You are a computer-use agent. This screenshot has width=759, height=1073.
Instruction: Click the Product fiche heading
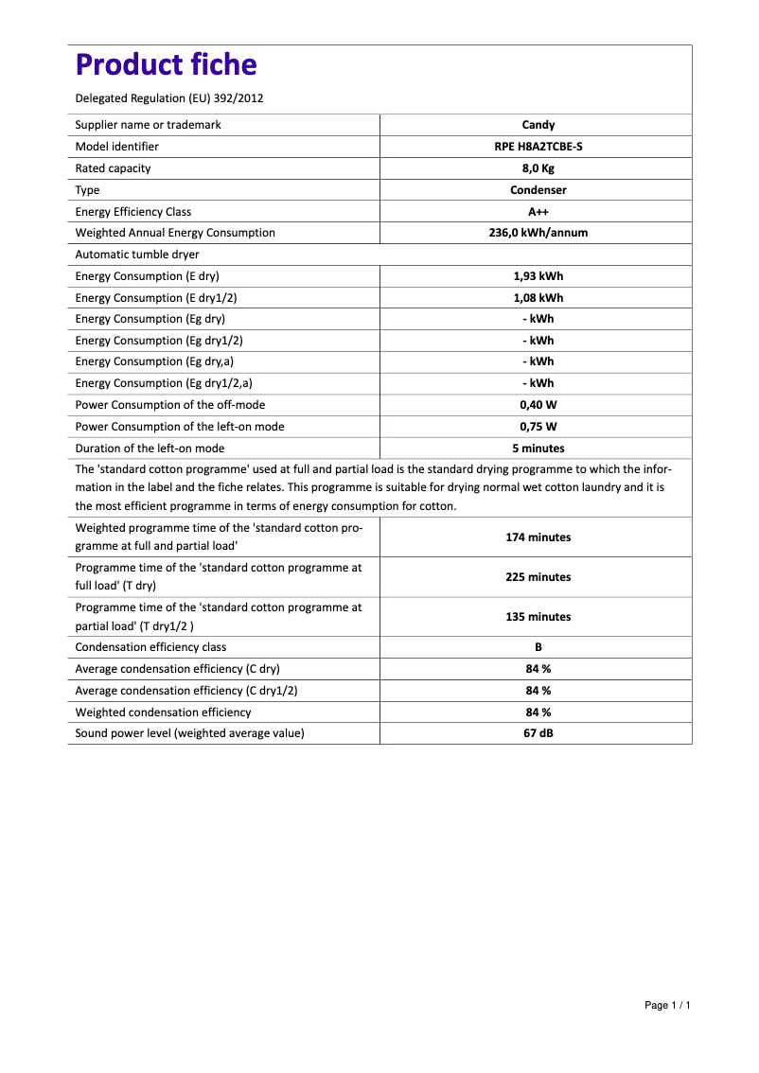click(x=166, y=65)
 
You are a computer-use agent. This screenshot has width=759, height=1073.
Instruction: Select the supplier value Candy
click(x=538, y=125)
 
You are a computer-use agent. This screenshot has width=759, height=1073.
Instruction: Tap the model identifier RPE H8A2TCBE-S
click(x=538, y=147)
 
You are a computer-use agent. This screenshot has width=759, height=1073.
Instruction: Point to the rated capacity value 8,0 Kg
click(x=538, y=168)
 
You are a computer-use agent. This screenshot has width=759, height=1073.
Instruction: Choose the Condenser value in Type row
click(x=538, y=190)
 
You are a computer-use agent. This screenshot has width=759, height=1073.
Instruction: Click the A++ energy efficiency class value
click(x=538, y=212)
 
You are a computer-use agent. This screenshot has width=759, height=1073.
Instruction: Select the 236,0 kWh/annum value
click(x=538, y=233)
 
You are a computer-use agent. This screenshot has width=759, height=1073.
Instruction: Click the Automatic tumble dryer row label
click(x=137, y=255)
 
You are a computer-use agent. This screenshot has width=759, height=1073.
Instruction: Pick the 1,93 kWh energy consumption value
click(x=538, y=276)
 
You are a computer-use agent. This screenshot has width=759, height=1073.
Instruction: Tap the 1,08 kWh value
click(x=538, y=298)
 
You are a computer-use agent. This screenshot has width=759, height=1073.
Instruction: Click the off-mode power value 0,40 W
click(x=538, y=405)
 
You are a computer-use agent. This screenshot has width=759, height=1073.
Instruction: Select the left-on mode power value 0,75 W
click(x=538, y=427)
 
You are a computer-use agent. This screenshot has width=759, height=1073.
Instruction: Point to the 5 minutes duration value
click(x=538, y=449)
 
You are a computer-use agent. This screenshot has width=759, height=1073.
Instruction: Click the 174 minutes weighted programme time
click(x=538, y=537)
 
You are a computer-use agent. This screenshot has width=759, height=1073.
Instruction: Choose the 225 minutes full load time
click(x=538, y=577)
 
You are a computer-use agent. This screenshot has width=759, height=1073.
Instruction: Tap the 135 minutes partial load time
click(x=538, y=617)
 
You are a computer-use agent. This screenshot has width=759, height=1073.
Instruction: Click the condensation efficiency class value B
click(x=538, y=647)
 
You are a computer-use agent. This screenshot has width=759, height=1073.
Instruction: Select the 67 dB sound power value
click(x=538, y=733)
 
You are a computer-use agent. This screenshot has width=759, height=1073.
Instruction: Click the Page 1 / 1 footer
click(x=667, y=1005)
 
